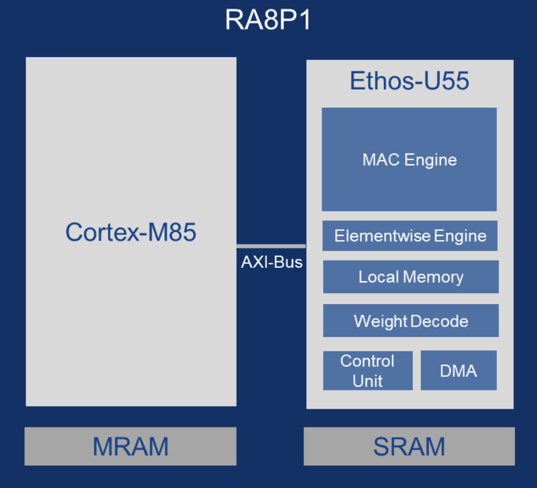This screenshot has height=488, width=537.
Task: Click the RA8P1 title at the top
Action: coord(268,21)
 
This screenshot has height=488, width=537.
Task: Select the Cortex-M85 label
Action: coord(131,232)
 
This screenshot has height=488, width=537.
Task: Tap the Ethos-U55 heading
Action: coord(409,82)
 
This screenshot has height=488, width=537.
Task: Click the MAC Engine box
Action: coord(409,160)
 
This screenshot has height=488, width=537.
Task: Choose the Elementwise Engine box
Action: coord(410,236)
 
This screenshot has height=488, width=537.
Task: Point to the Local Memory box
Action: coord(410,277)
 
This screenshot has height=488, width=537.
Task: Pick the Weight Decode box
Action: coord(410,321)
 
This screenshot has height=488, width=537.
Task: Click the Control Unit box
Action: coord(367,371)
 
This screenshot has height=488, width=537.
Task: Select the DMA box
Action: coord(458,371)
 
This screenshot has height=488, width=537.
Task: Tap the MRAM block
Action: coord(131,447)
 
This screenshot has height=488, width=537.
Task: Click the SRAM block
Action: coord(409,447)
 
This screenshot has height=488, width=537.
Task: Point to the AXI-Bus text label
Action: coord(271,263)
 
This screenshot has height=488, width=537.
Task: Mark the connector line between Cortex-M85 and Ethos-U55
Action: coord(271,246)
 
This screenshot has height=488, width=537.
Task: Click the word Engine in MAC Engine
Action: coord(431,160)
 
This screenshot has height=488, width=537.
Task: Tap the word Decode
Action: coord(439,322)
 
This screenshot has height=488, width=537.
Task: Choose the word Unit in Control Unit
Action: coord(367,381)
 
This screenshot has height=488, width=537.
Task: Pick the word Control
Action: coord(367,361)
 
